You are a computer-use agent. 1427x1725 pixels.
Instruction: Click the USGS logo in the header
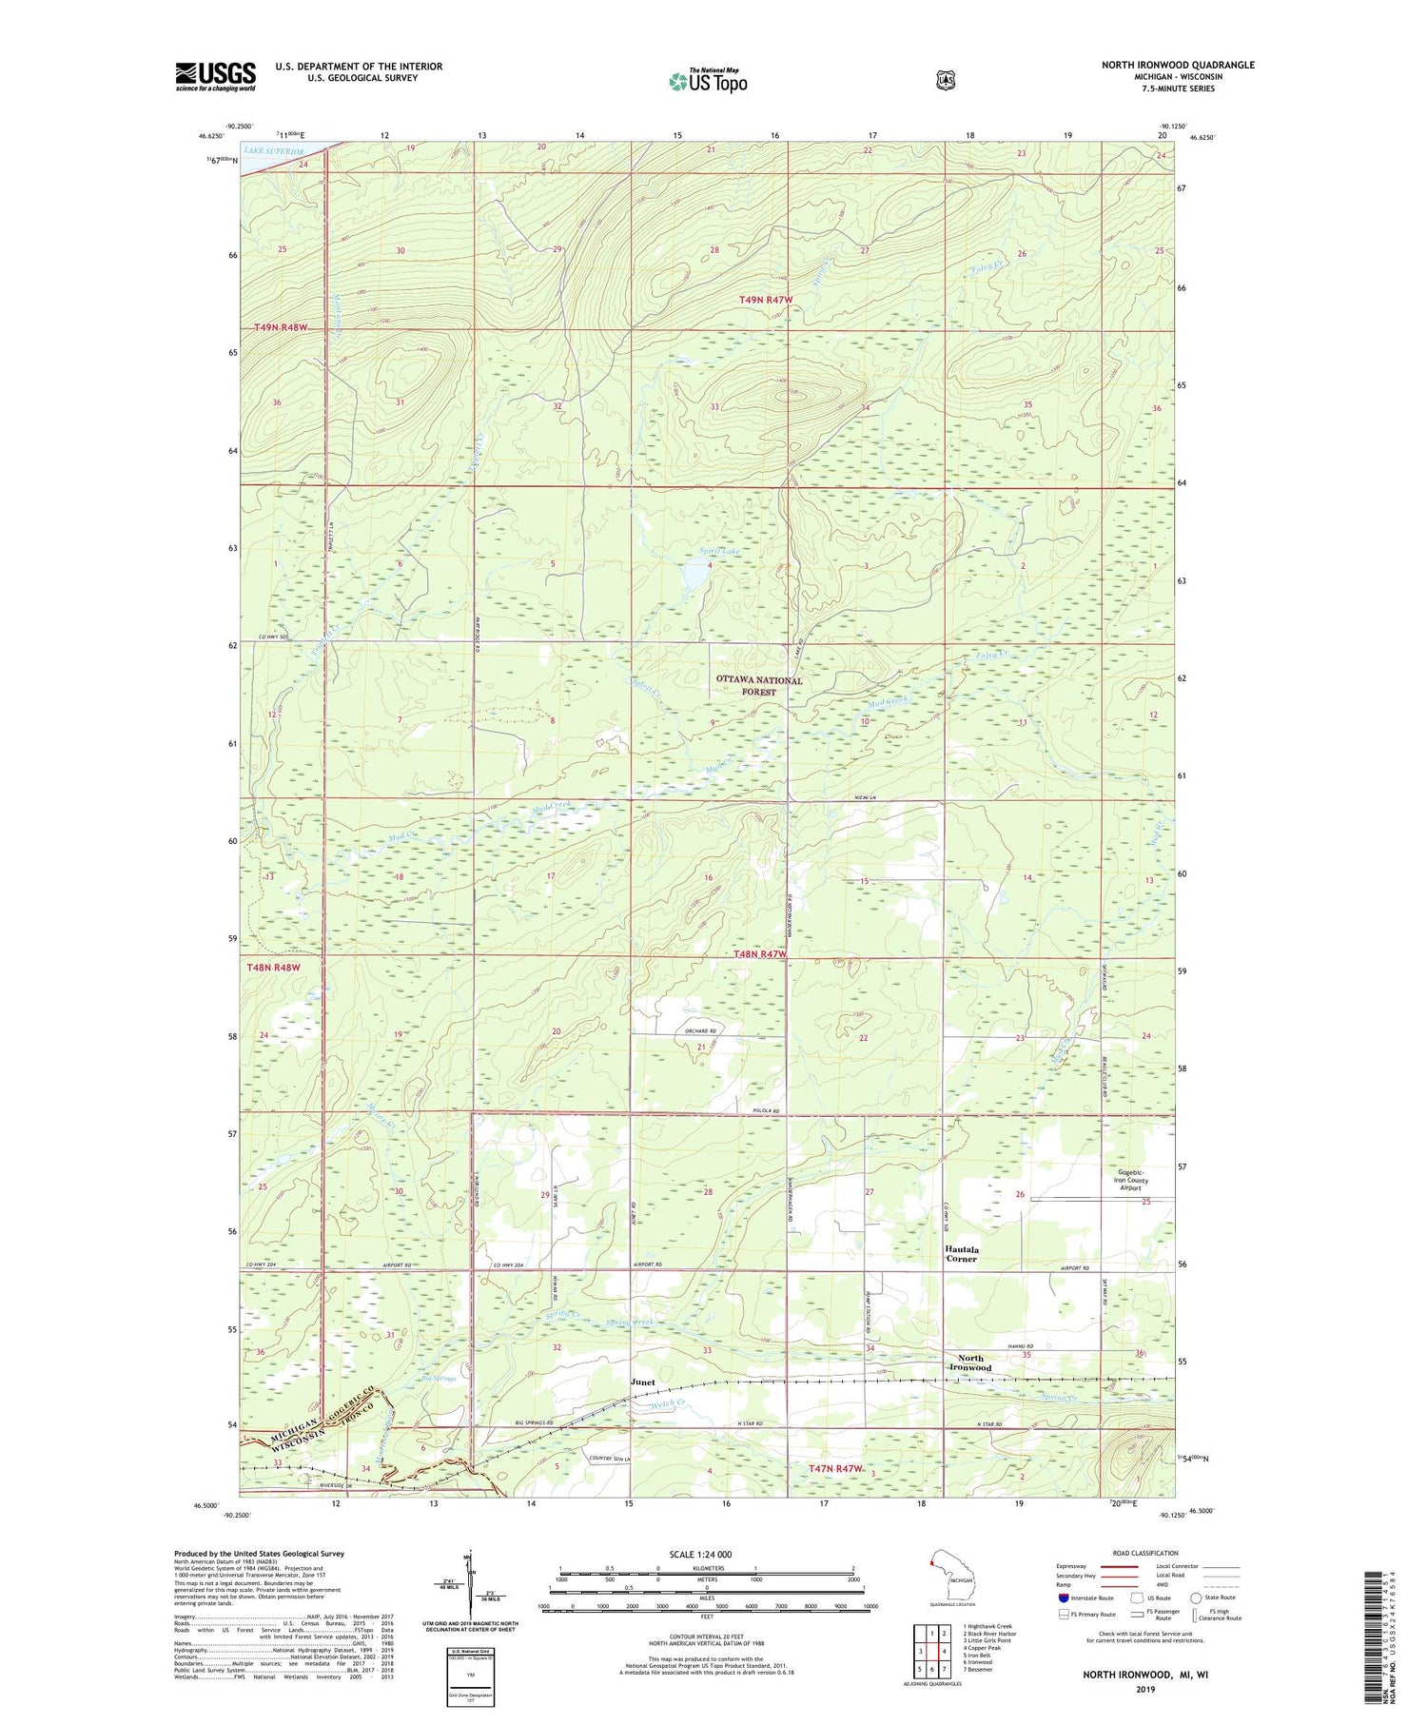click(x=215, y=76)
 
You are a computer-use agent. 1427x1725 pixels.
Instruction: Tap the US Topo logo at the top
click(x=708, y=81)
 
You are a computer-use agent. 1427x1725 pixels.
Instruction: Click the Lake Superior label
click(x=273, y=151)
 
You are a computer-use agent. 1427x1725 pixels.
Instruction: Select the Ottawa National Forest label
click(x=759, y=686)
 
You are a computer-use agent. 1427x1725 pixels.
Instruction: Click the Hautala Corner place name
click(x=961, y=1253)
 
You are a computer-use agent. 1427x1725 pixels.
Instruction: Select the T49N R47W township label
click(x=766, y=300)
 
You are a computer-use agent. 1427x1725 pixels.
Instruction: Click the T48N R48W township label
click(x=273, y=968)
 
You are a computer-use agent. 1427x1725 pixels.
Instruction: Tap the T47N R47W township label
click(x=835, y=1469)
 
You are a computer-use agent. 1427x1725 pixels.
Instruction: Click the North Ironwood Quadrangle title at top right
click(x=1178, y=65)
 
